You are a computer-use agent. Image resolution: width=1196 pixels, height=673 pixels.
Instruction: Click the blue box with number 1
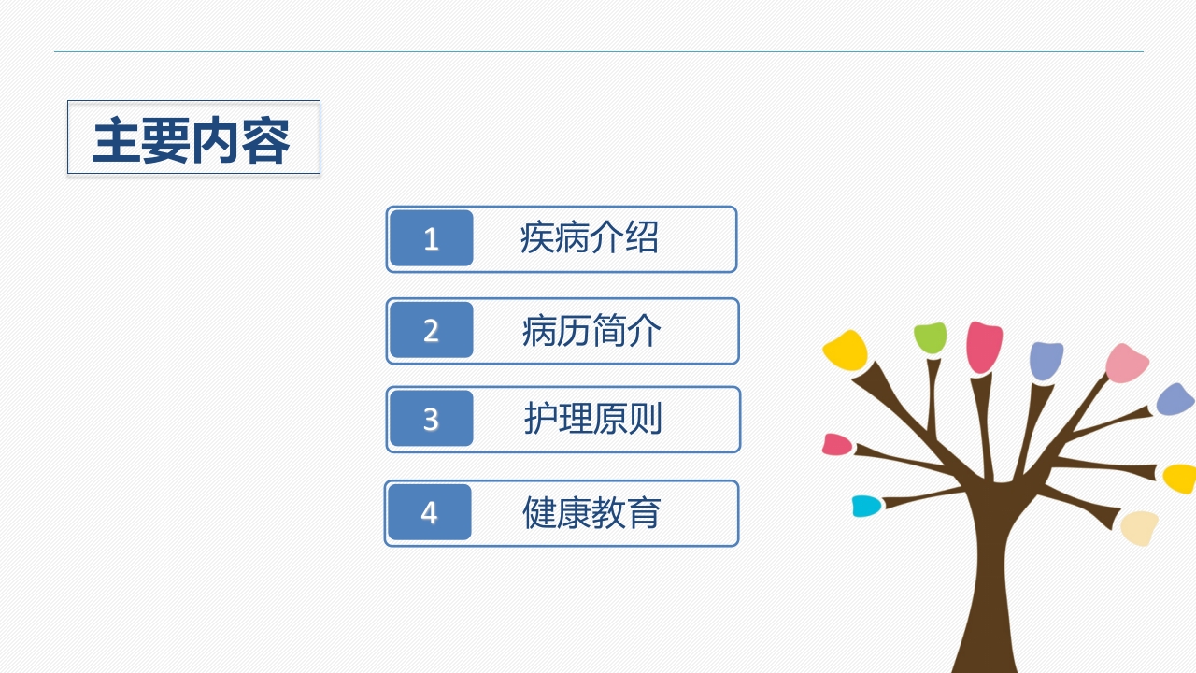click(431, 238)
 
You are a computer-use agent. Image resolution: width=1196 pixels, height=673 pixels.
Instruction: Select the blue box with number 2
click(431, 330)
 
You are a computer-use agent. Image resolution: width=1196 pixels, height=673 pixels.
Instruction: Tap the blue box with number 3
click(431, 418)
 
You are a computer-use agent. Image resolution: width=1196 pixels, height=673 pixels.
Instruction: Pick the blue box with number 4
click(429, 512)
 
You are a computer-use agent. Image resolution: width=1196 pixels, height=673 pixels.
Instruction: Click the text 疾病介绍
click(589, 238)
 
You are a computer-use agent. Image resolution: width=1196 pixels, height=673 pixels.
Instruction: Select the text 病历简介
click(591, 331)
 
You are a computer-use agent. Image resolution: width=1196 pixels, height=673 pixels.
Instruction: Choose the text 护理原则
click(592, 419)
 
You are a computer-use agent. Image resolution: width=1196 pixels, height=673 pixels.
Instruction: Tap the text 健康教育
click(591, 512)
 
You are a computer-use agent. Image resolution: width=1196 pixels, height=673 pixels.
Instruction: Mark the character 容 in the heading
click(266, 140)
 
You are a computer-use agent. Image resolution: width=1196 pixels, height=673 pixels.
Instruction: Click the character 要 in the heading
click(166, 140)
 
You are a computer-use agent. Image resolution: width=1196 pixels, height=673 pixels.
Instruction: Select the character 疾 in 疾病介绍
click(537, 238)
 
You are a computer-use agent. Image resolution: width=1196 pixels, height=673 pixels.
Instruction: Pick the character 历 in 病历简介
click(574, 331)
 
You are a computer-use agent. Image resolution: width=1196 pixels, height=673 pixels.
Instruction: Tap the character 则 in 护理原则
click(645, 419)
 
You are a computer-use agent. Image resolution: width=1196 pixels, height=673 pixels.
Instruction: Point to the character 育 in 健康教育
click(645, 512)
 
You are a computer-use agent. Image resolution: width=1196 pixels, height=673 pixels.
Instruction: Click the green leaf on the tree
click(930, 337)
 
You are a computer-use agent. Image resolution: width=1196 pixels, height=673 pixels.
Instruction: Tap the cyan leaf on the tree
click(866, 506)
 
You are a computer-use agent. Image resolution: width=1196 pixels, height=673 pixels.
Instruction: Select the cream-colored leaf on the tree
click(1139, 527)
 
